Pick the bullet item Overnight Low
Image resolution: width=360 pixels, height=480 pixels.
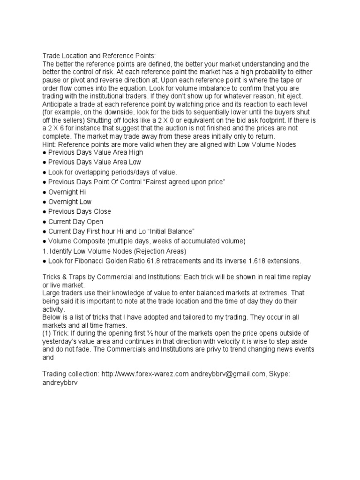click(70, 202)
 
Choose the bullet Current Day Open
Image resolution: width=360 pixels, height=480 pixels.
click(75, 221)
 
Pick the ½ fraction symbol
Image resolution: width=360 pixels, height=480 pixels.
click(150, 333)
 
